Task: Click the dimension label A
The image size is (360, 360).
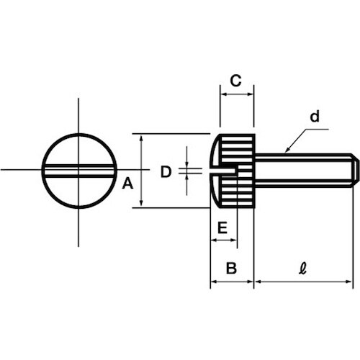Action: point(127,184)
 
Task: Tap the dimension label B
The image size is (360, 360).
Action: point(231,268)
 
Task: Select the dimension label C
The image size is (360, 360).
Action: point(235,81)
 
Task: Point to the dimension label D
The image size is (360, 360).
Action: point(166,172)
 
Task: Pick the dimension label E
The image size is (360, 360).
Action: point(222,228)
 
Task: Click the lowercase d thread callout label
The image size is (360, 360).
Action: point(315,117)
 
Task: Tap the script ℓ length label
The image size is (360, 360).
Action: point(303,268)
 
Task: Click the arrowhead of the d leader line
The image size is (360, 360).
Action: point(287,150)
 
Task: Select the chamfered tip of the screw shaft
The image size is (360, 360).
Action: point(356,171)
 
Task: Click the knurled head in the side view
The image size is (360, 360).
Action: point(233,171)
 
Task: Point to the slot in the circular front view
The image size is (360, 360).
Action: point(79,171)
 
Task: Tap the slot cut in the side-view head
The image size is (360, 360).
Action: point(223,170)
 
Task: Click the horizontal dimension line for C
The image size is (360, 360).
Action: point(237,94)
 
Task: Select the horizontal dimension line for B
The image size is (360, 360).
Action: point(232,282)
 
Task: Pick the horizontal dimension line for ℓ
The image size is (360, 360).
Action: point(303,282)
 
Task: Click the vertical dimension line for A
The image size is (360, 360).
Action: point(141,171)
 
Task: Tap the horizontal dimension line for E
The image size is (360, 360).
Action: point(224,240)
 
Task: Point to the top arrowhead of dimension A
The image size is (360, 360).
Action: point(141,138)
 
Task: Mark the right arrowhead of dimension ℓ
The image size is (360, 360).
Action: point(348,282)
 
